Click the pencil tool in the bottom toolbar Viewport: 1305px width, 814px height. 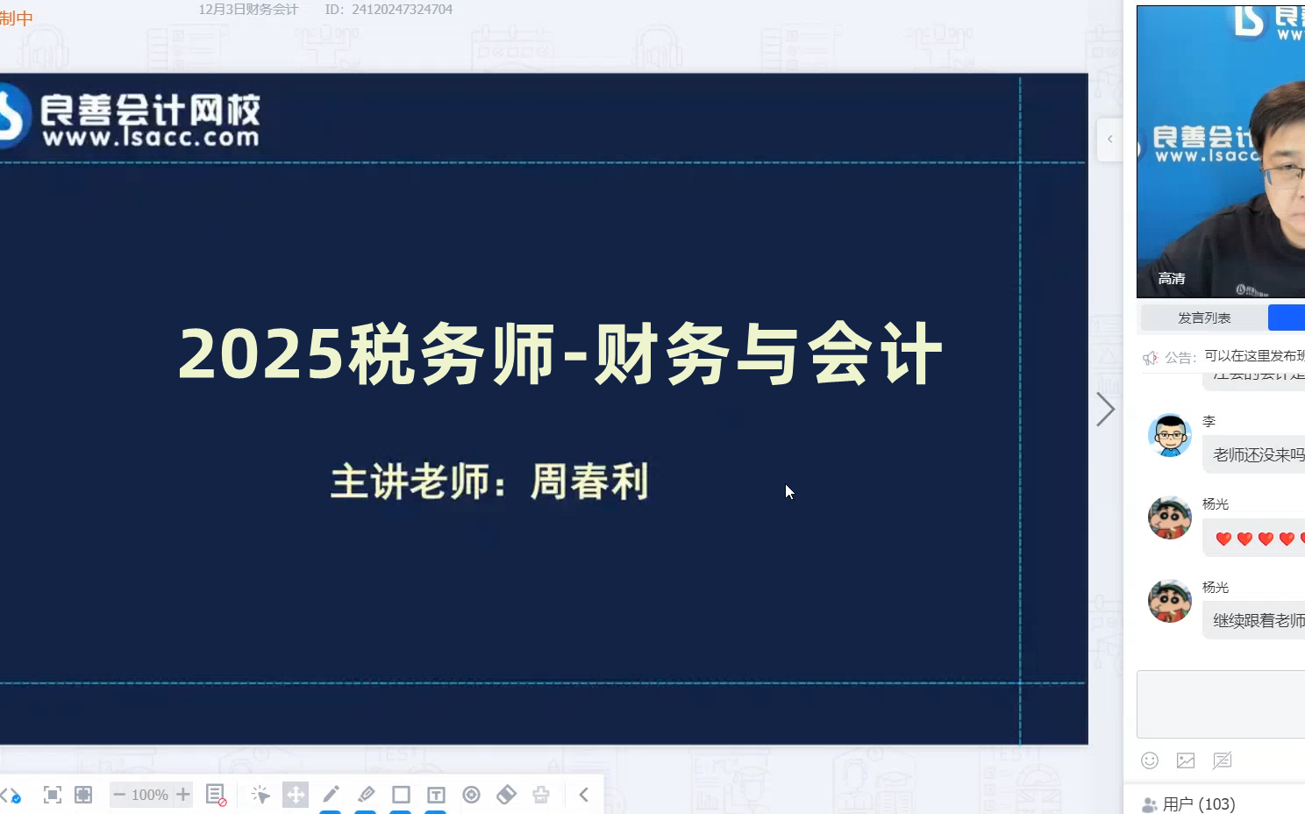click(x=331, y=795)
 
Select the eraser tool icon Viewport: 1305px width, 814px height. click(x=506, y=795)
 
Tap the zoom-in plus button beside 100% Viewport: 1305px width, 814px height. click(x=182, y=795)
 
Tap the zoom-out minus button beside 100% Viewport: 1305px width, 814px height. click(x=119, y=795)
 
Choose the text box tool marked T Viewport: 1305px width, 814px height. click(x=436, y=795)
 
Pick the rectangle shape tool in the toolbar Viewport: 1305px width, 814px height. click(x=401, y=795)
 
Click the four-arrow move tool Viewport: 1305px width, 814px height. click(x=296, y=795)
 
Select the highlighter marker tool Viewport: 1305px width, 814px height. click(x=366, y=795)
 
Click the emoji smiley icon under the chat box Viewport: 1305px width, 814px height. click(x=1150, y=760)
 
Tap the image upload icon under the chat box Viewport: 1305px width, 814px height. click(x=1186, y=760)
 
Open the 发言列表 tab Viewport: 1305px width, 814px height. click(x=1203, y=318)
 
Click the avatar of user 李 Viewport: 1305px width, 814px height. click(x=1170, y=435)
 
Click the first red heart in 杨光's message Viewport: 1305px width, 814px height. click(x=1223, y=539)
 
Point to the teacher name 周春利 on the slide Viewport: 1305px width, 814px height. click(x=589, y=482)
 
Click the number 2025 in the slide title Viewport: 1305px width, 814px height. click(x=260, y=354)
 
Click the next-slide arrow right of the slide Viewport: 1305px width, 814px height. click(x=1105, y=409)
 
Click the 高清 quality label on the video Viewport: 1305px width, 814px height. click(x=1172, y=279)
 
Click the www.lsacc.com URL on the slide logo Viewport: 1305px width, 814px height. click(x=151, y=138)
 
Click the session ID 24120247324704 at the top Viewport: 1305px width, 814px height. click(x=402, y=10)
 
